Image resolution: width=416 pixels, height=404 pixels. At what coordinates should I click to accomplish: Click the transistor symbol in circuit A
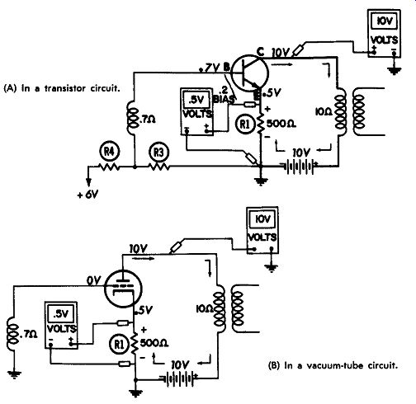pos(249,73)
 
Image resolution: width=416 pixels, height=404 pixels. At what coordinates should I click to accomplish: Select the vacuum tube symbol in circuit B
pos(123,288)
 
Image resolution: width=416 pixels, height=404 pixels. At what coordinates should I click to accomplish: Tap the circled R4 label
pos(109,152)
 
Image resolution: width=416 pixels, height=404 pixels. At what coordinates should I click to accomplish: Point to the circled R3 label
pos(158,153)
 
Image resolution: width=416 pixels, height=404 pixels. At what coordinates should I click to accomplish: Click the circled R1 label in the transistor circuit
pos(244,124)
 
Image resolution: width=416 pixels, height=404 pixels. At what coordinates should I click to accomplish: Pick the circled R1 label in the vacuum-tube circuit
pos(119,344)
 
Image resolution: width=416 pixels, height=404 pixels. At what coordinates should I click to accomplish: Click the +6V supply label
pos(88,195)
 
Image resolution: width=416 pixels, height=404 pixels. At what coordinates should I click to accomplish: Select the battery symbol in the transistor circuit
pos(299,166)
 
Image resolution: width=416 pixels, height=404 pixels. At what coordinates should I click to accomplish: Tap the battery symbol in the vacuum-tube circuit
pos(180,378)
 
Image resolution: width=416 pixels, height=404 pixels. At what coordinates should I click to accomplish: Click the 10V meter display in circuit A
pos(384,21)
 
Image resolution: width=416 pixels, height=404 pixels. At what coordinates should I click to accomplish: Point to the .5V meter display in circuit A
pos(196,100)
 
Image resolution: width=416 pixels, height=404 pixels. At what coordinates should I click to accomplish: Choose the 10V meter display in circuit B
pos(262,219)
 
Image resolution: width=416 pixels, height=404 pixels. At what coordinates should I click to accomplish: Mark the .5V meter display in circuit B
pos(61,313)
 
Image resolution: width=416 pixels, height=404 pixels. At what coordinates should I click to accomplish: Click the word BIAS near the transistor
pos(225,99)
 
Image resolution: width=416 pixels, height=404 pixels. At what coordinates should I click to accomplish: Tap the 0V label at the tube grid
pos(94,280)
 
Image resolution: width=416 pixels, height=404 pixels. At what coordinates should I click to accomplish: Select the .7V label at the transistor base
pos(210,68)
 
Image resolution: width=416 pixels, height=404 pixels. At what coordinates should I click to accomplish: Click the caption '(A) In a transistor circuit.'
pos(62,88)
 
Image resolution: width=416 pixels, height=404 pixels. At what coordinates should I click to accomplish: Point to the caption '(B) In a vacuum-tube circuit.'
pos(333,365)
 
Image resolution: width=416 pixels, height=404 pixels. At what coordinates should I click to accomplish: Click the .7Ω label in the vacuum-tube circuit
pos(29,334)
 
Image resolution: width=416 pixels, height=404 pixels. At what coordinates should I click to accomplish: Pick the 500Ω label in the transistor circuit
pos(281,124)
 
